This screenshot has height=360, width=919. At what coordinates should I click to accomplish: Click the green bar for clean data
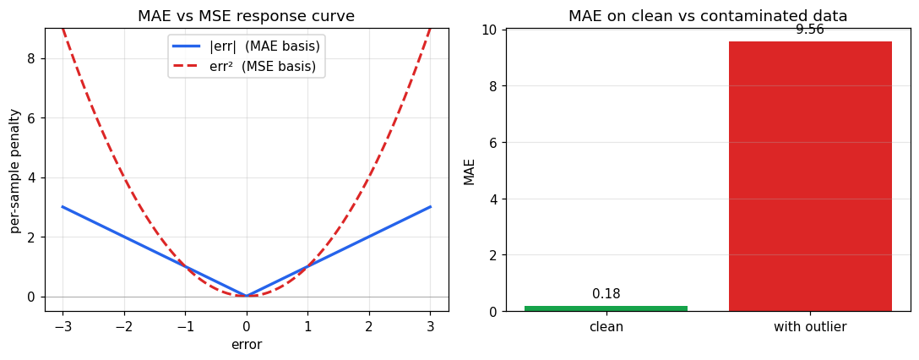pos(606,308)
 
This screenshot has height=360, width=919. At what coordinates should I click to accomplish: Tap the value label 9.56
pos(810,30)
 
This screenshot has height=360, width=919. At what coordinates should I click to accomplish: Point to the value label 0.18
pos(606,294)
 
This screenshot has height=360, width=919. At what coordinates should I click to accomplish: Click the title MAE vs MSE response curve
pos(247,16)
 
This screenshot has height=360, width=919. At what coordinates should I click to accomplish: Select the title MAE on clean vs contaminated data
pos(708,16)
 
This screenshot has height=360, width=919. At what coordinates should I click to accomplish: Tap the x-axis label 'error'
pos(247,345)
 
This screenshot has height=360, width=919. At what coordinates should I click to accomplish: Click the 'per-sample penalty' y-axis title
pos(15,170)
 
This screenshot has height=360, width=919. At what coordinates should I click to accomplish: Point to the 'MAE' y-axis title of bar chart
pos(470,171)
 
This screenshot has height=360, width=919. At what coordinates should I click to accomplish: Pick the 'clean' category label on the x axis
pos(606,327)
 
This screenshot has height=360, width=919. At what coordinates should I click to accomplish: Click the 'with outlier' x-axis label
pos(810,327)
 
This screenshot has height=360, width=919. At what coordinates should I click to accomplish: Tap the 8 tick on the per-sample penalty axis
pos(30,58)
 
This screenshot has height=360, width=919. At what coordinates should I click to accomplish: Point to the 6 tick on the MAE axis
pos(492,142)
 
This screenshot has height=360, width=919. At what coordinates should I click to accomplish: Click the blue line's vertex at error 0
pos(247,296)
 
